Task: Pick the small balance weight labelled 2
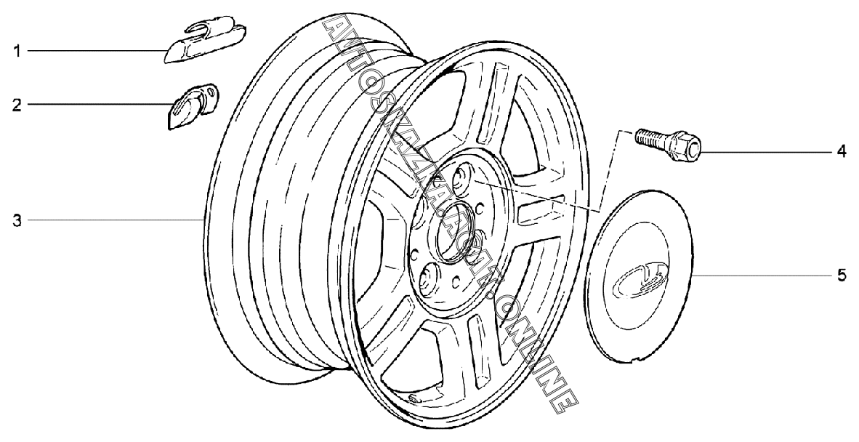click(190, 105)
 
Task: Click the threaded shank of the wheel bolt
click(650, 137)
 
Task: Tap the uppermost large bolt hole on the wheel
click(462, 177)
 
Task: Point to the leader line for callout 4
click(763, 152)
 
